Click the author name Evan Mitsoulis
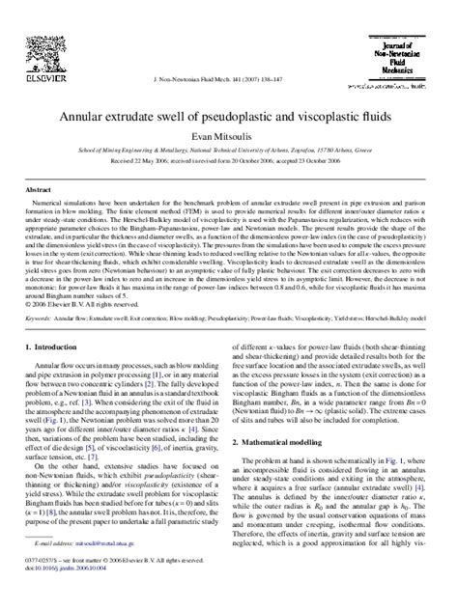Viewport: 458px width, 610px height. tap(229, 136)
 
